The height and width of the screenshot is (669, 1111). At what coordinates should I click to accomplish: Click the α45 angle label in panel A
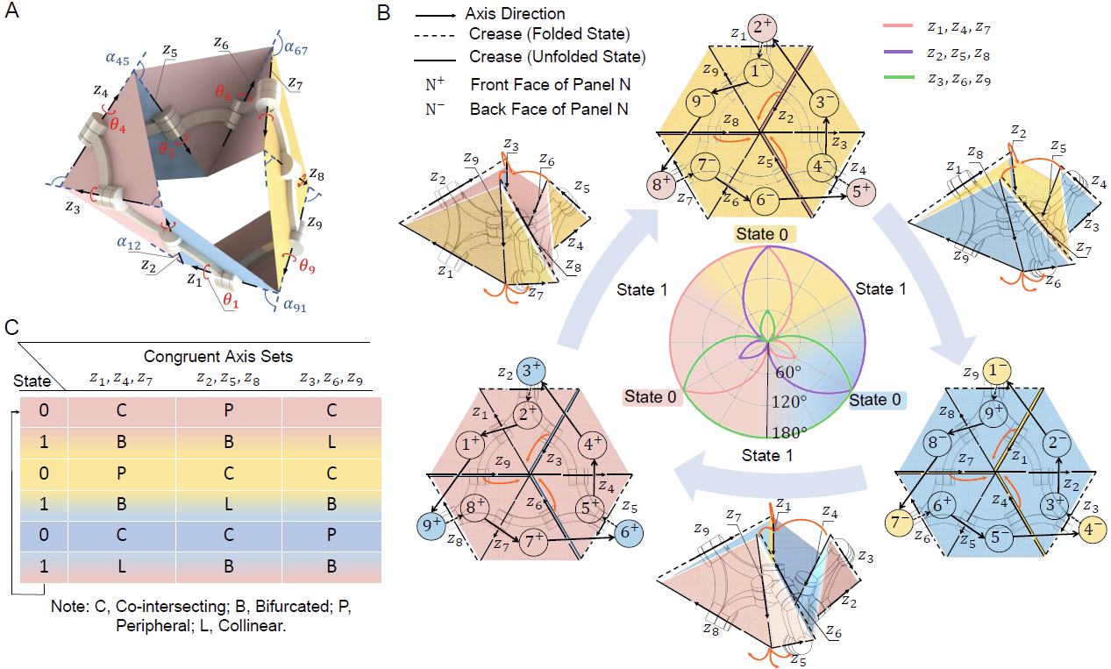tap(118, 59)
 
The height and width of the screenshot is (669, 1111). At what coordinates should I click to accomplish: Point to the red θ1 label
tap(231, 300)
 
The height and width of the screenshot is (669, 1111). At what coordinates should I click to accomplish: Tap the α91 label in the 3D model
tap(295, 304)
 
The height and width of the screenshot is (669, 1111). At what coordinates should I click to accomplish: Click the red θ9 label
tap(307, 267)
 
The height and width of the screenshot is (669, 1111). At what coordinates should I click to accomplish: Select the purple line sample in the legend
tap(898, 52)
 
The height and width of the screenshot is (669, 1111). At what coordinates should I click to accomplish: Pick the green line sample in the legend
tap(898, 77)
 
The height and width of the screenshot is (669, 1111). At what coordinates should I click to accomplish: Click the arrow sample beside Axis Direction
tap(435, 16)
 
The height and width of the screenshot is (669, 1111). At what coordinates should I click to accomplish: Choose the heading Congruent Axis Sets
tap(218, 356)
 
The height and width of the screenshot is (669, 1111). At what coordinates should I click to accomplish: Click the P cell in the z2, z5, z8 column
tap(228, 410)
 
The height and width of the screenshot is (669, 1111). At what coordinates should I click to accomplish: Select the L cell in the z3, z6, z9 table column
tap(331, 441)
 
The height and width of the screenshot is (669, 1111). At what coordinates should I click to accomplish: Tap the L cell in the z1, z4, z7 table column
tap(122, 566)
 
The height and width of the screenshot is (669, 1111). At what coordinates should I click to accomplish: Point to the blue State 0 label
tap(875, 400)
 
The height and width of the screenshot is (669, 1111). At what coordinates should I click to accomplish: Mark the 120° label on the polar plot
tap(788, 402)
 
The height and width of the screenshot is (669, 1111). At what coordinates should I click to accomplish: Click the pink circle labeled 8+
tap(660, 184)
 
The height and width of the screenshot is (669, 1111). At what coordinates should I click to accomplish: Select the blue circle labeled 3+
tap(531, 371)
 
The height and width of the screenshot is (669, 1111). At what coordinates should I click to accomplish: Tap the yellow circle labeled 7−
tap(899, 523)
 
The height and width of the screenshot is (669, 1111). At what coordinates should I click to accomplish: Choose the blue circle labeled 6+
tap(629, 532)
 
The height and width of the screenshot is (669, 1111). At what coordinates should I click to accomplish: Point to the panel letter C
tap(12, 327)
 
